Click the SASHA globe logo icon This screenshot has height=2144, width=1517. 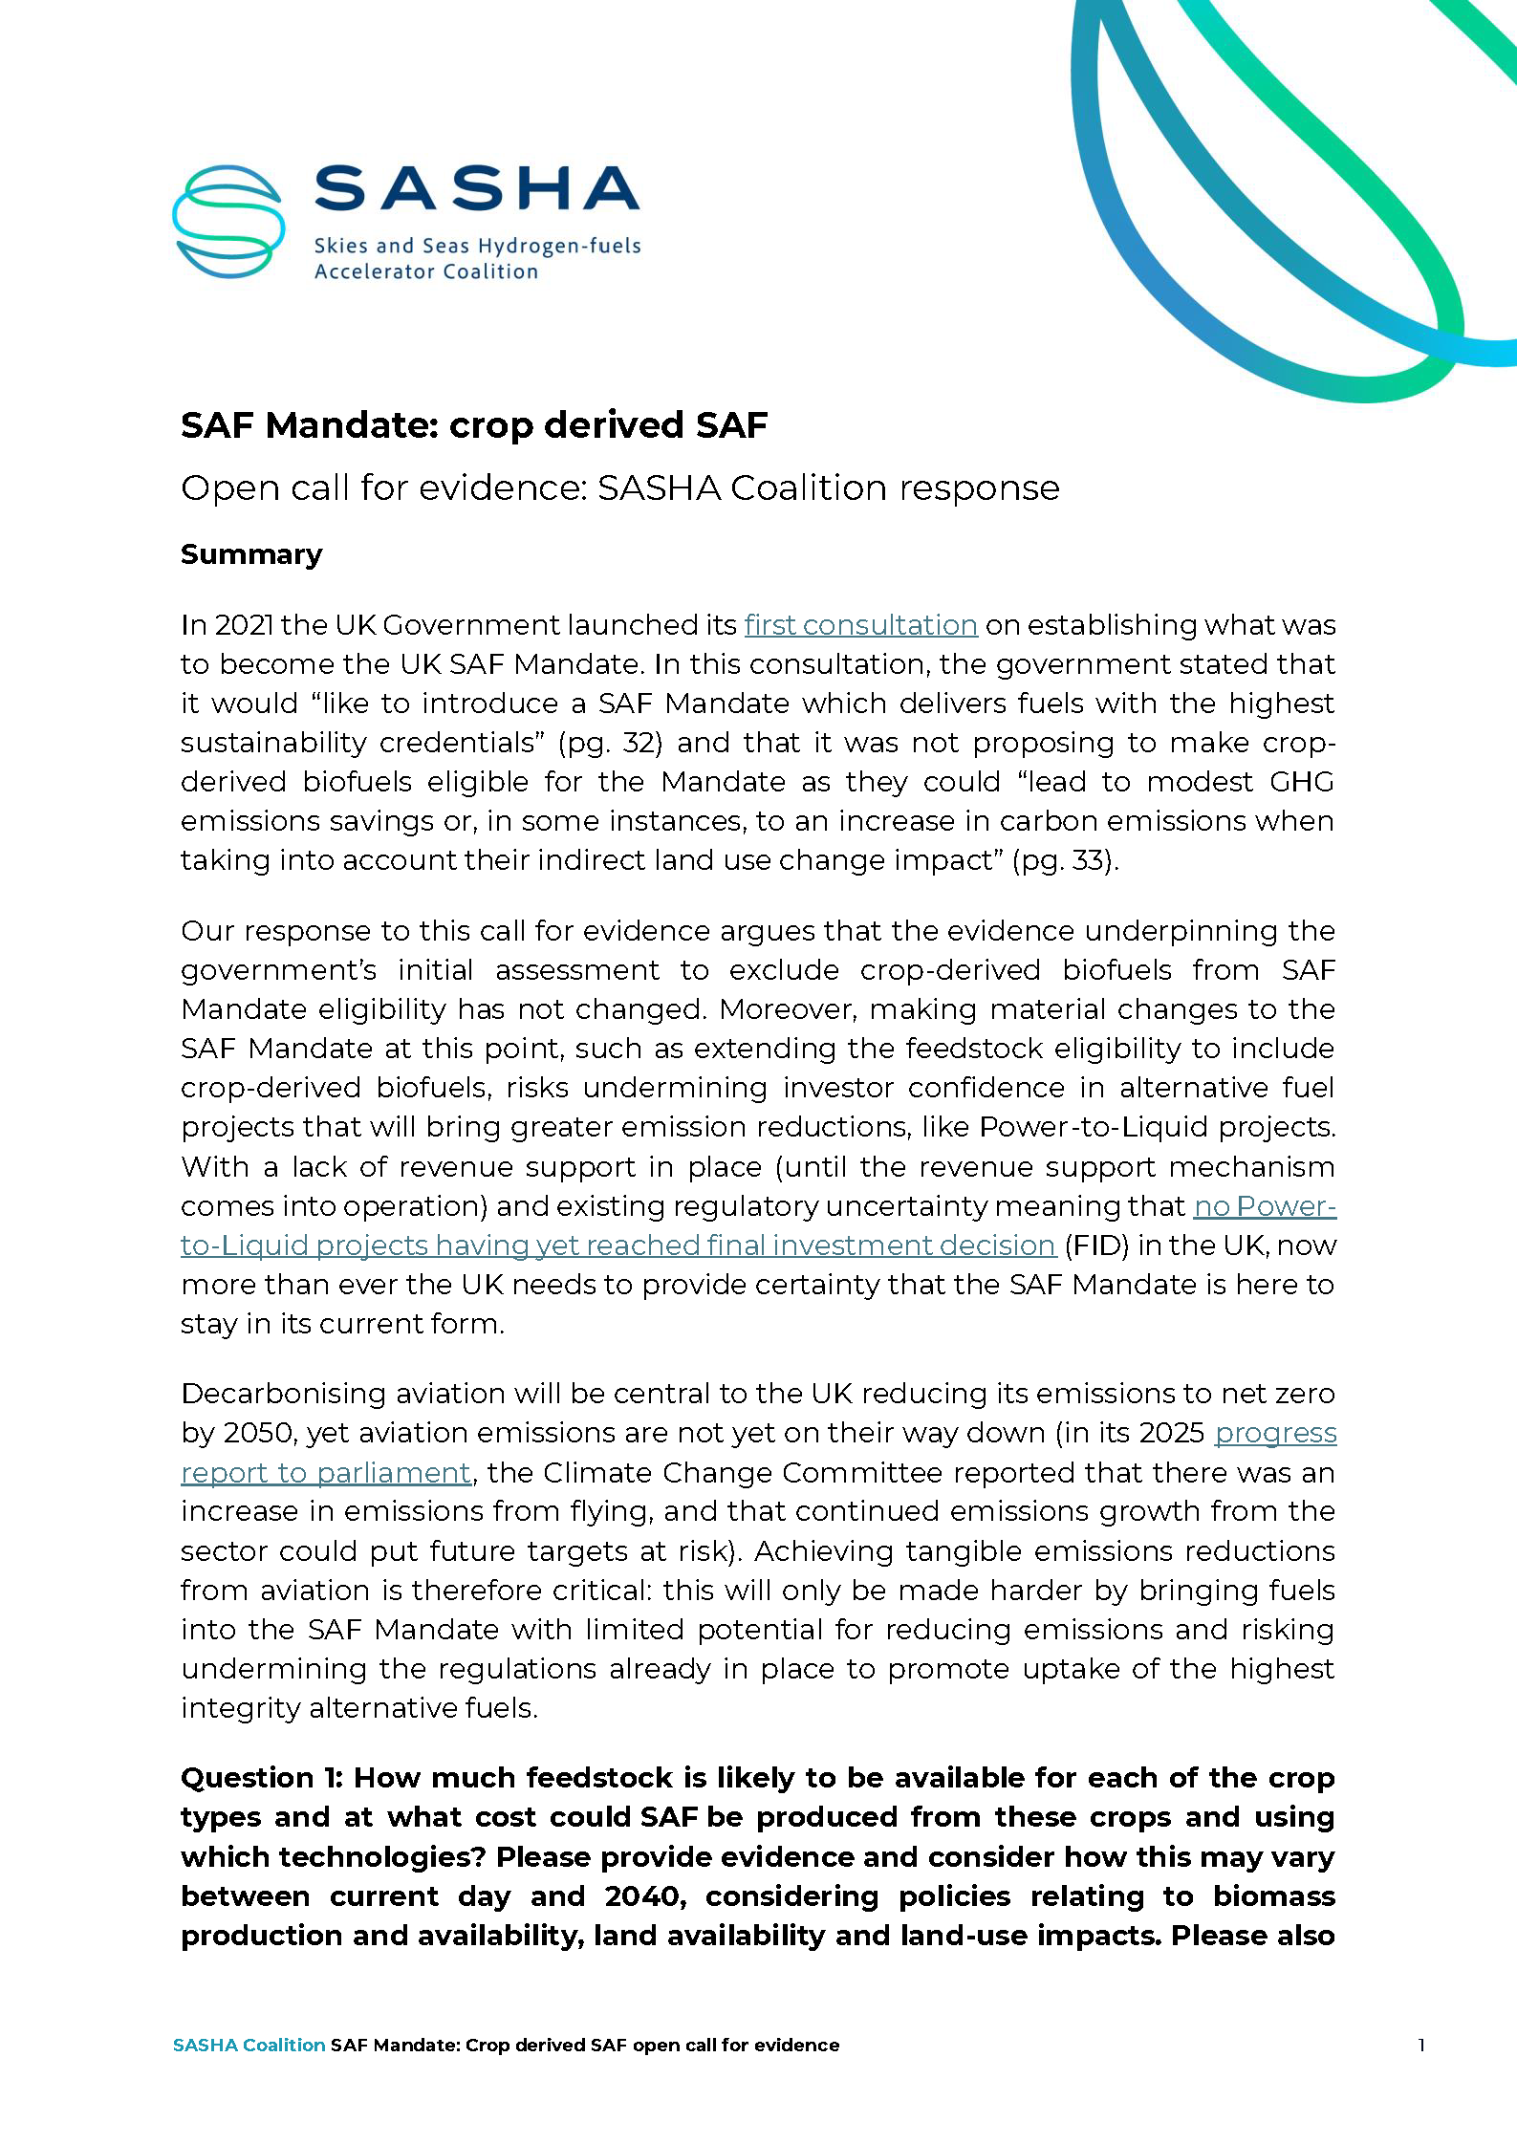[228, 221]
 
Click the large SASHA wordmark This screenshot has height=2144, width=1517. [476, 188]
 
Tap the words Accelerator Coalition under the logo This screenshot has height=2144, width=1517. [426, 272]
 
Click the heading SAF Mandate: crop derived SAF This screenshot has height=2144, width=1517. [474, 425]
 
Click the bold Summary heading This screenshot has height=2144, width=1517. [251, 554]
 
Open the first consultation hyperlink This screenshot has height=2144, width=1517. [860, 625]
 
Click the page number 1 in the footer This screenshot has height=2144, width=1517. [1421, 2046]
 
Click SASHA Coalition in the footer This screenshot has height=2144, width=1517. [249, 2046]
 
